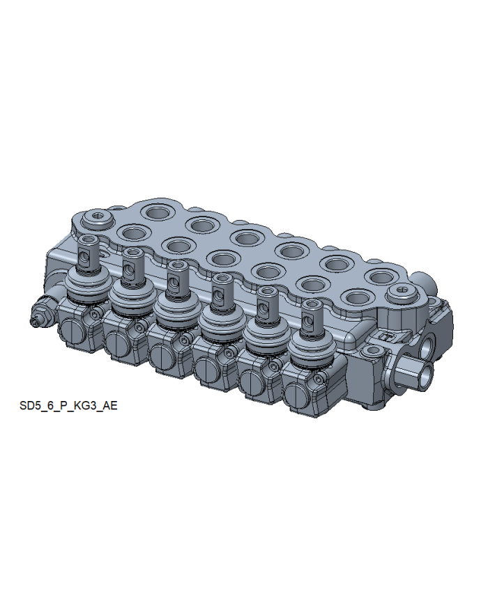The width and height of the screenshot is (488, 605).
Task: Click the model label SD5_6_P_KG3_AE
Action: coord(68,405)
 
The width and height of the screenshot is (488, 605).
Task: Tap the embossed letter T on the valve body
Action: coord(386,336)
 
